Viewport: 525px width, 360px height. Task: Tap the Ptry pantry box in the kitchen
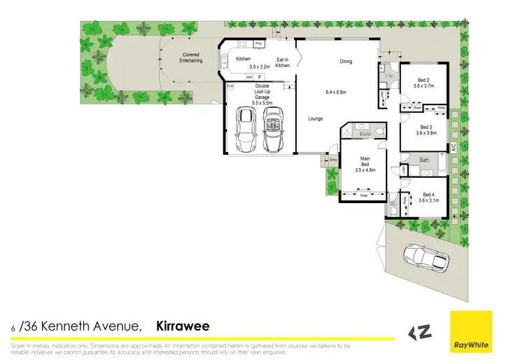(x=258, y=43)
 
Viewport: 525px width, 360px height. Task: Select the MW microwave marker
(x=250, y=76)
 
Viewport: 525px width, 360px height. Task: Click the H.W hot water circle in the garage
(x=230, y=88)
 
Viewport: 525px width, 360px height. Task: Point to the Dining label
(x=346, y=62)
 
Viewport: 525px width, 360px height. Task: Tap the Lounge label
(x=315, y=118)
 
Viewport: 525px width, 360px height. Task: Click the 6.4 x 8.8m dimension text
(x=337, y=92)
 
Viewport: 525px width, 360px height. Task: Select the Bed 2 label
(x=423, y=80)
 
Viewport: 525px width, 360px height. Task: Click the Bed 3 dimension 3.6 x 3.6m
(x=426, y=132)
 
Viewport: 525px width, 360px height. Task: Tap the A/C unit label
(x=453, y=148)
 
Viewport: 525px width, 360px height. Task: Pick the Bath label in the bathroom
(x=424, y=160)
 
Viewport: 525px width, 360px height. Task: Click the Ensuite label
(x=365, y=132)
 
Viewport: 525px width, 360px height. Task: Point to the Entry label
(x=333, y=160)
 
